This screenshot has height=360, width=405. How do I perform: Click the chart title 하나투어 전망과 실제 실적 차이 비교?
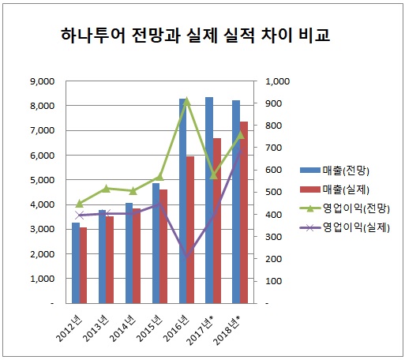pos(196,36)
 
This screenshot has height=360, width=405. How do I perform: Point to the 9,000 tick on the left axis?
pos(39,81)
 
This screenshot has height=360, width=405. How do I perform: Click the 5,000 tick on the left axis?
pos(39,179)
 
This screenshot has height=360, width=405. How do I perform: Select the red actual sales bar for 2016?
pos(190,229)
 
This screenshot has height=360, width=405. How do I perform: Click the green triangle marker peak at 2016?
pos(186,100)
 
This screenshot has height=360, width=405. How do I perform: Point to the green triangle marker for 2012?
pos(79,204)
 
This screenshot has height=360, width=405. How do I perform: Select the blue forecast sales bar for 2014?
pos(129,253)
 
